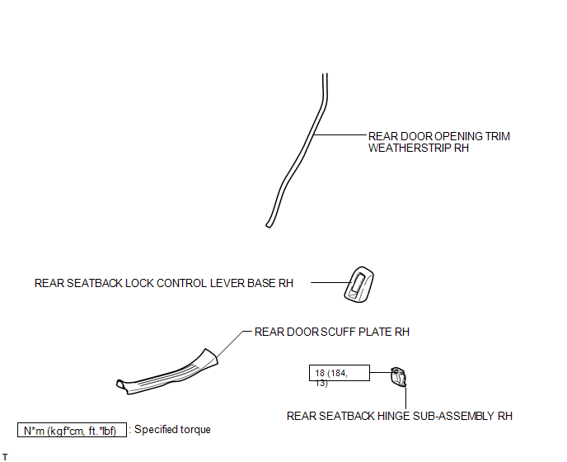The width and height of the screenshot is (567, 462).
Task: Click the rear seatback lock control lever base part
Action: click(358, 285)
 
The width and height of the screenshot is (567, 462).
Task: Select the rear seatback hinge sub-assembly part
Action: click(399, 377)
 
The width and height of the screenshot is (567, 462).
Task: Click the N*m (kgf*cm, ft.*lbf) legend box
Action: click(72, 430)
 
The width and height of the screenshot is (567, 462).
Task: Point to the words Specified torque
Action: click(172, 430)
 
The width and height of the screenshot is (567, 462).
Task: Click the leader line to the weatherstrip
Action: click(340, 135)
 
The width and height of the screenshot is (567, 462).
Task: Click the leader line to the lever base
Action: click(330, 282)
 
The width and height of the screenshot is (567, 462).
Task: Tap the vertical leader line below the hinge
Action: click(405, 398)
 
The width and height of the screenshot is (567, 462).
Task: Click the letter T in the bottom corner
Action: click(5, 457)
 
